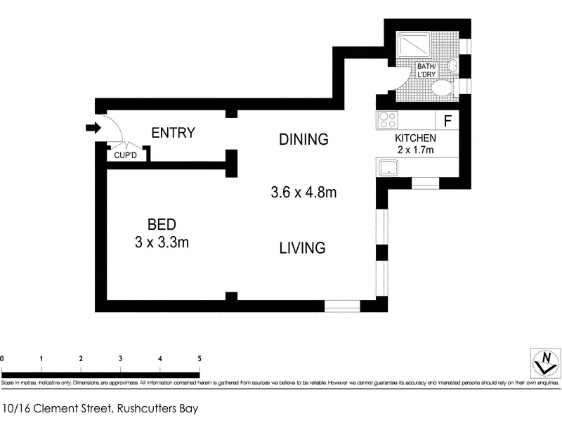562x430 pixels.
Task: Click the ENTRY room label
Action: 173,133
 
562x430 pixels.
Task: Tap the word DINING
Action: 303,139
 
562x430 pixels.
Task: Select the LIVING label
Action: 302,247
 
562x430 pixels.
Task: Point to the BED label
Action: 161,225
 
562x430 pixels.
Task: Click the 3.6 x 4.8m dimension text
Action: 303,191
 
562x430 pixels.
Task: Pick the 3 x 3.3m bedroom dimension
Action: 162,243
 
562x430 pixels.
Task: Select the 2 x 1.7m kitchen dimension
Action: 415,150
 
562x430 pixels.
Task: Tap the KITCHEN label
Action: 415,138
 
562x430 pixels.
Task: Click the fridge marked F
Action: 447,119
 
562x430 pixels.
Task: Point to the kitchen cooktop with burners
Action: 388,119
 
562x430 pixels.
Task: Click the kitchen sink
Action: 388,168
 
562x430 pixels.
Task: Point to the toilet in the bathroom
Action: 441,89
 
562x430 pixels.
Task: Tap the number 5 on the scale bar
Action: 200,359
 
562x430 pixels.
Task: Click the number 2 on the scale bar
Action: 81,359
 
